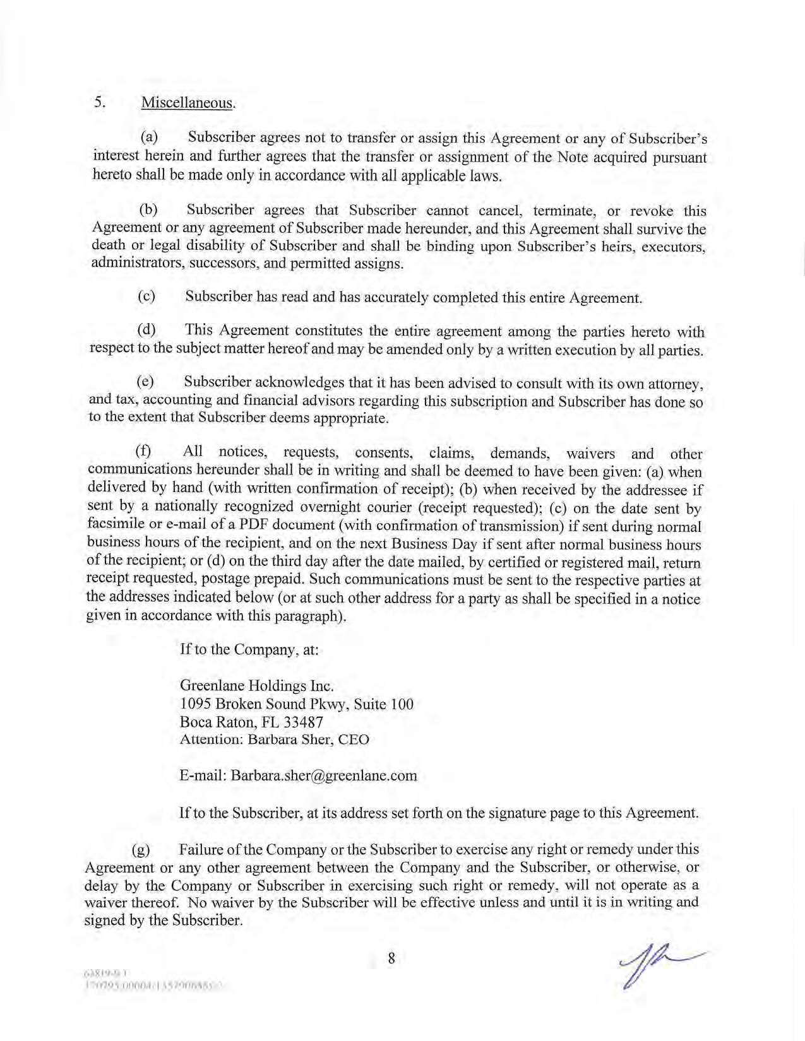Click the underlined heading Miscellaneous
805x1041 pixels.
(188, 103)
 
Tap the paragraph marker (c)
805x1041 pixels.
(146, 297)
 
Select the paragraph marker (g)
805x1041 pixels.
(141, 850)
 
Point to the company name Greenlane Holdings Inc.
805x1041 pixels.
(256, 685)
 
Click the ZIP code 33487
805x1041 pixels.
(304, 722)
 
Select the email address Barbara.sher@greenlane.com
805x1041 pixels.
(324, 775)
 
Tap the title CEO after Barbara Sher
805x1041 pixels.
(354, 739)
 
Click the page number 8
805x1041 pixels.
(391, 958)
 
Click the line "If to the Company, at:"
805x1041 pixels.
(249, 649)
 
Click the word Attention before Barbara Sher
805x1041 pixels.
(210, 739)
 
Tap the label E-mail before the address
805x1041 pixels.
(203, 775)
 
